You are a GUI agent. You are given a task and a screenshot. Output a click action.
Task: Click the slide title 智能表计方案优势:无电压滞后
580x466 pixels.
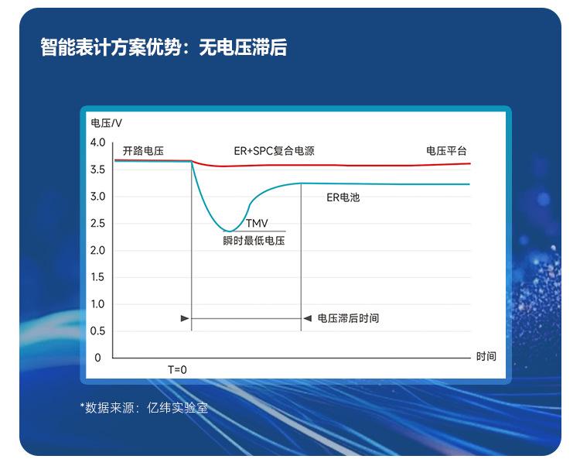163,48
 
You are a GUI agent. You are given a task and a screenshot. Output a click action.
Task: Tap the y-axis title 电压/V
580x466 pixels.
106,123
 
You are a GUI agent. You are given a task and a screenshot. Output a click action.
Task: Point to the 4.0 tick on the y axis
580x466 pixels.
97,142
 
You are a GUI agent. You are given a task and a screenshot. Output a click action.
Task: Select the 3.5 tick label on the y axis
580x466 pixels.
97,170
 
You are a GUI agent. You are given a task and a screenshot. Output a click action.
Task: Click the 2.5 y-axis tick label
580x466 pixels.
97,224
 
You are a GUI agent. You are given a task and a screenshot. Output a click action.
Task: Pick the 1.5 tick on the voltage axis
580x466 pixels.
97,277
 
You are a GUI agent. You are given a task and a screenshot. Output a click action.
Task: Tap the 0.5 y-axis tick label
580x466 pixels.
97,331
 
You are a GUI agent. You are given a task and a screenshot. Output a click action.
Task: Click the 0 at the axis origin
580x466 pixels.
97,358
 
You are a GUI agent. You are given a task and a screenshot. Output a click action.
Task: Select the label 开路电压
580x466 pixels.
143,151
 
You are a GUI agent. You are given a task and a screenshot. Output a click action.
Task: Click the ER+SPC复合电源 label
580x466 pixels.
274,151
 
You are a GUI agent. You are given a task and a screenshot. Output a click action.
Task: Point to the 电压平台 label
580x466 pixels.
446,151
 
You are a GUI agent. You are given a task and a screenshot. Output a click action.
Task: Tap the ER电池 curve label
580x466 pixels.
343,197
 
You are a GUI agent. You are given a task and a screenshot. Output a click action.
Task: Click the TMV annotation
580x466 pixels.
257,223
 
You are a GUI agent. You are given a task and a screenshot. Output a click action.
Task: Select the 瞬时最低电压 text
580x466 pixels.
254,241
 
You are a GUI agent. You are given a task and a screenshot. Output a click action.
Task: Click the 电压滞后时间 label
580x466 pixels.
349,318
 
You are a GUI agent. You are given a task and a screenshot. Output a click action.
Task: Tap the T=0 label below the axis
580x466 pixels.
177,370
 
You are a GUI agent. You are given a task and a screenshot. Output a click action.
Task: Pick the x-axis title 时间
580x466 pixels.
486,356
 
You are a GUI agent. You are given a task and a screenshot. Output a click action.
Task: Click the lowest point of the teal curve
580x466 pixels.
230,231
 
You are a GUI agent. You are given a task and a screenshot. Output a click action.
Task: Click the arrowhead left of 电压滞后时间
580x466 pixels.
307,318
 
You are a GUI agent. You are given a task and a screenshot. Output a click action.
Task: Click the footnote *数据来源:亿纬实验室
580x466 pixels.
144,408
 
